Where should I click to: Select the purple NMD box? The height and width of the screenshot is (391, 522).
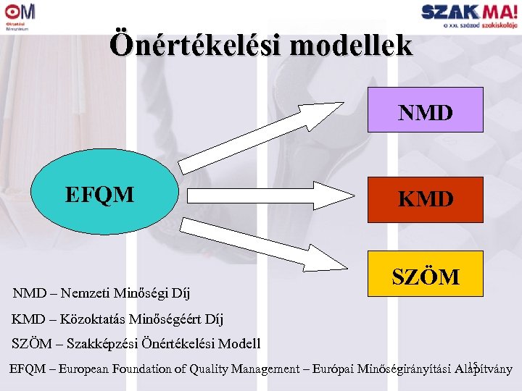click(425, 110)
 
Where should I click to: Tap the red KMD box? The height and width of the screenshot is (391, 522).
click(425, 199)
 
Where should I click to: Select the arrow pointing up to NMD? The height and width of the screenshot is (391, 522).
click(261, 138)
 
